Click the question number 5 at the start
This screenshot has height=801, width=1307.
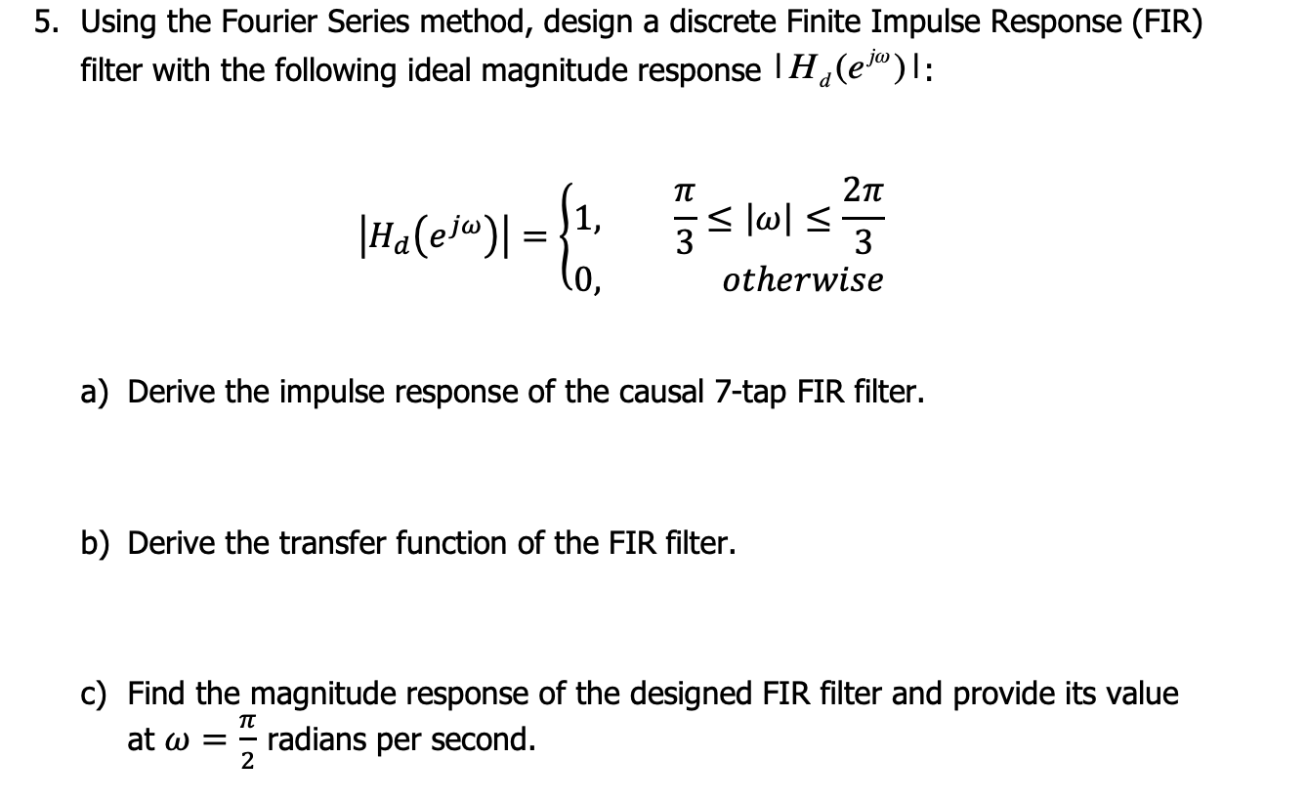(45, 22)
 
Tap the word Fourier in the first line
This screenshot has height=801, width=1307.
(244, 22)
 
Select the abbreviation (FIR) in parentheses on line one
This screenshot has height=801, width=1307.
(1167, 23)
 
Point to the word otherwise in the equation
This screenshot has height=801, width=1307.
(802, 281)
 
